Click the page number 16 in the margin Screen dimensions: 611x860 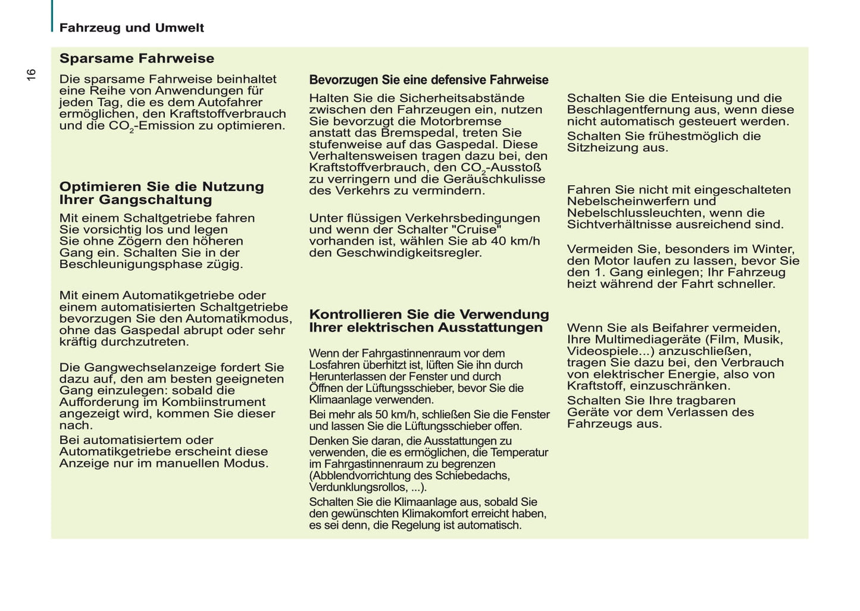31,74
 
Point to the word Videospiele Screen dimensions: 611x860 602,351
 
